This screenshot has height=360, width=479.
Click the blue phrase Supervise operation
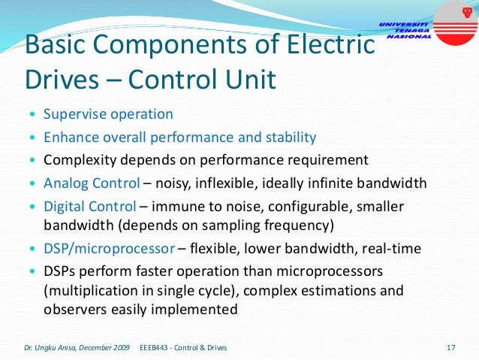pos(108,115)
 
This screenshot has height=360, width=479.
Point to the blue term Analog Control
pos(92,183)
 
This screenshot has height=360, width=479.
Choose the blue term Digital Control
pos(90,206)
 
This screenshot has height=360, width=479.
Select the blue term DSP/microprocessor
pos(110,249)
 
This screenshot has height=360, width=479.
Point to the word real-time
pos(392,249)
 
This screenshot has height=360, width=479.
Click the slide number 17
pos(451,347)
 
